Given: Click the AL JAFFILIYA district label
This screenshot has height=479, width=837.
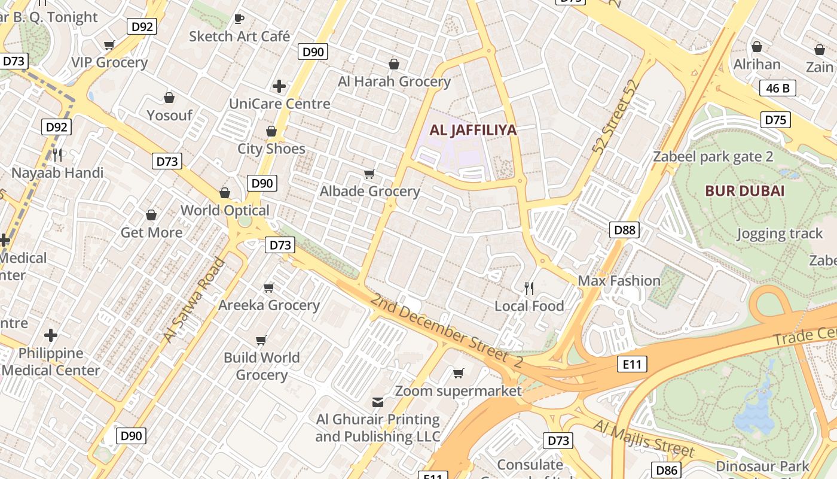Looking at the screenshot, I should tap(473, 130).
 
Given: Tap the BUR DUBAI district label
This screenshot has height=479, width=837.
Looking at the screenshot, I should tap(744, 191).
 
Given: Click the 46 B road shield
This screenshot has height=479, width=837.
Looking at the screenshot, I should tap(778, 89).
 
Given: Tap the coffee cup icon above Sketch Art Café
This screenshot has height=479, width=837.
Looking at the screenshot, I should tap(239, 19).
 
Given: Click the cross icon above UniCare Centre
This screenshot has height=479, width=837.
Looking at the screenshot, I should tap(279, 86).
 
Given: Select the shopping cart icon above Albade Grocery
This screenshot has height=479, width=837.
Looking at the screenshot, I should tap(369, 174).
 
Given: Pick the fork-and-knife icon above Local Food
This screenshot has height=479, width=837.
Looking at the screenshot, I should tap(529, 289).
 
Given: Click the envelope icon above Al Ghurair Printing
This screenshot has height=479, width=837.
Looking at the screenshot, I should tap(378, 402).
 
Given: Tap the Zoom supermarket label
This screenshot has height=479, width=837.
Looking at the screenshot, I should tap(459, 391).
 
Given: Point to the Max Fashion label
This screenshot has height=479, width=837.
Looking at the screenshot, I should tap(619, 280).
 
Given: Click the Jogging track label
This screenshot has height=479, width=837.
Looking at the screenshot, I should tap(780, 234).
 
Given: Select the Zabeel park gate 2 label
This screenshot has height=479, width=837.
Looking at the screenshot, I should tap(713, 157).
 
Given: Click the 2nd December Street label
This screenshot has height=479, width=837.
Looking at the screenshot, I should tap(446, 331).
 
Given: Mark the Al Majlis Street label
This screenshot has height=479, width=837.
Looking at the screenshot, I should tap(643, 438).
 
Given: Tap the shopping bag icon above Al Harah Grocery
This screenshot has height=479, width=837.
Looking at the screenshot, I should tap(394, 63).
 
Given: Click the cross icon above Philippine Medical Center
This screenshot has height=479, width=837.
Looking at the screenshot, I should tap(51, 335).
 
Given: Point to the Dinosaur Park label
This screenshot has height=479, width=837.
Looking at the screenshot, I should tap(762, 466).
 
